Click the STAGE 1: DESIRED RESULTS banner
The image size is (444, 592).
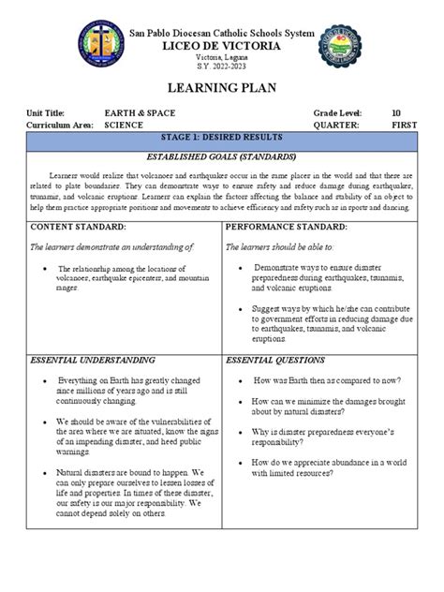221,139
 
